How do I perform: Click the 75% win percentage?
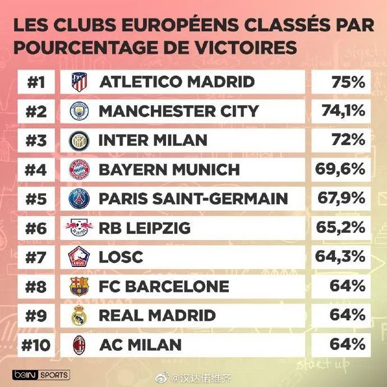[x=348, y=82]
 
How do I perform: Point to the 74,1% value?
[x=343, y=111]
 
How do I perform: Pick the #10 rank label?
[x=36, y=344]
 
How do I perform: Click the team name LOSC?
[x=121, y=257]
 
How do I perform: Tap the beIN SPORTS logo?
[x=40, y=375]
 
